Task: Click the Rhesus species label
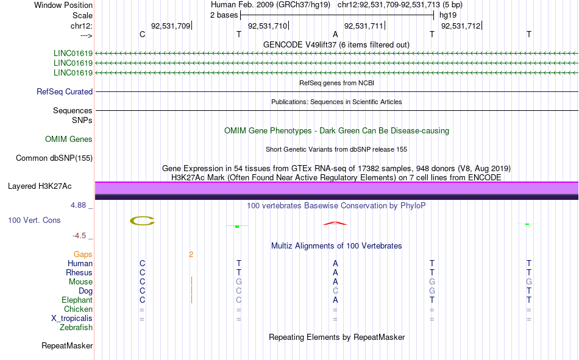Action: [79, 272]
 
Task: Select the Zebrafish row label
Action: [76, 328]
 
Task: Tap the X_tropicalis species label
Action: [72, 319]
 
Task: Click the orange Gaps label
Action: [83, 255]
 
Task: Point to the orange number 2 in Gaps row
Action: [191, 255]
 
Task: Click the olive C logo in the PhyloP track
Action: [142, 221]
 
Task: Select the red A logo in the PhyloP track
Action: [335, 223]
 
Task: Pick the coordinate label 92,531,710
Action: [268, 26]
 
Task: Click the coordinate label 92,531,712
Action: [461, 26]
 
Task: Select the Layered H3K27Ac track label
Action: [40, 186]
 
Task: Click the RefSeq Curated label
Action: [65, 91]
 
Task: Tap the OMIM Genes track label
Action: [69, 139]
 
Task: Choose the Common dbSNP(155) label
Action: [54, 158]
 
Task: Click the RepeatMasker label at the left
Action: [67, 345]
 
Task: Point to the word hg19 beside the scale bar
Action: [448, 15]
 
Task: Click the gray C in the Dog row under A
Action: [335, 291]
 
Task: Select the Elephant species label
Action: [77, 300]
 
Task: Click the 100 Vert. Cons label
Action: [34, 220]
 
